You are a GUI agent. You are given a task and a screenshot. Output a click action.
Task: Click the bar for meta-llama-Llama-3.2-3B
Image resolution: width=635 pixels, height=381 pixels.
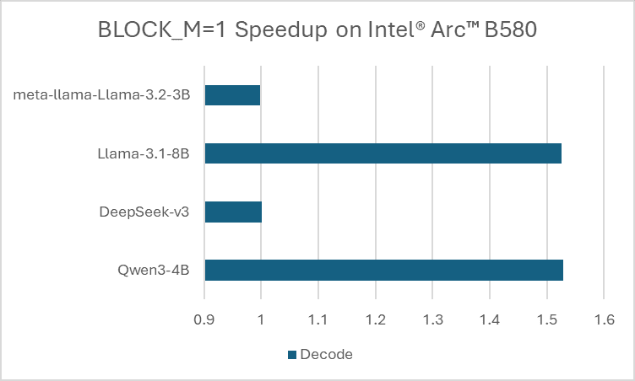[232, 95]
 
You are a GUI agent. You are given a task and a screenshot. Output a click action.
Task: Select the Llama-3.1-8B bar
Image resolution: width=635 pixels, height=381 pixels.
[383, 153]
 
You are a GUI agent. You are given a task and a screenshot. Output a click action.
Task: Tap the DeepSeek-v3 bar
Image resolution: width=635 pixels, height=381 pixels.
[233, 212]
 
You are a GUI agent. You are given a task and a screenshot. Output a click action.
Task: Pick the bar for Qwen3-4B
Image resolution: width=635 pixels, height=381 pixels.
[383, 270]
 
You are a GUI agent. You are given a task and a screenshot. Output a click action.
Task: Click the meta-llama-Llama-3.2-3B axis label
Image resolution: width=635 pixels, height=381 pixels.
[102, 94]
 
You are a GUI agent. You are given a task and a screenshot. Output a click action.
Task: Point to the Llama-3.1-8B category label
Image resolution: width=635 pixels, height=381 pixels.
[143, 153]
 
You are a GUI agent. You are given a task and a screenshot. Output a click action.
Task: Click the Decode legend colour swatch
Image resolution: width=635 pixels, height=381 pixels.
[292, 355]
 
